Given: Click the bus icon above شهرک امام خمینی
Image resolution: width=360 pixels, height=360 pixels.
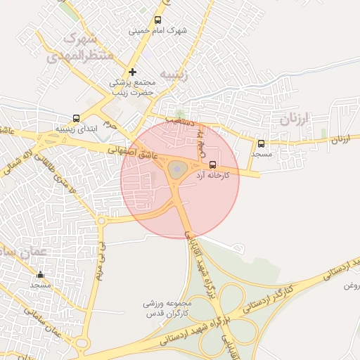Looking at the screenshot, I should (157, 20).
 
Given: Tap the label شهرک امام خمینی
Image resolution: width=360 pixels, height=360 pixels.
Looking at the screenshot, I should (159, 32).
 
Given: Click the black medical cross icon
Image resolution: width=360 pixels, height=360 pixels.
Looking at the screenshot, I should (132, 72).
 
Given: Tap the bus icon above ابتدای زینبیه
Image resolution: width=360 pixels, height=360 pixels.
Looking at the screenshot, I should (75, 119).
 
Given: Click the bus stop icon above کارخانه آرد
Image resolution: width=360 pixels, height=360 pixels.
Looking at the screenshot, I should (213, 165).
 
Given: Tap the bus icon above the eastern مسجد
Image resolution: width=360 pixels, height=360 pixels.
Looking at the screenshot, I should (262, 143).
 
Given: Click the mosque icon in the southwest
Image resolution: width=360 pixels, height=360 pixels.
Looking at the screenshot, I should (40, 275).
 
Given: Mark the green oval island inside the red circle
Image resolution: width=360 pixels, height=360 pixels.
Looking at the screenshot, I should (176, 169).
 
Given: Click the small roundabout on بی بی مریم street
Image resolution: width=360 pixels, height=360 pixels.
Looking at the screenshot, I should (101, 221).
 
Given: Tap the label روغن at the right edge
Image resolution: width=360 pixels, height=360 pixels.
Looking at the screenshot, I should (351, 286).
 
